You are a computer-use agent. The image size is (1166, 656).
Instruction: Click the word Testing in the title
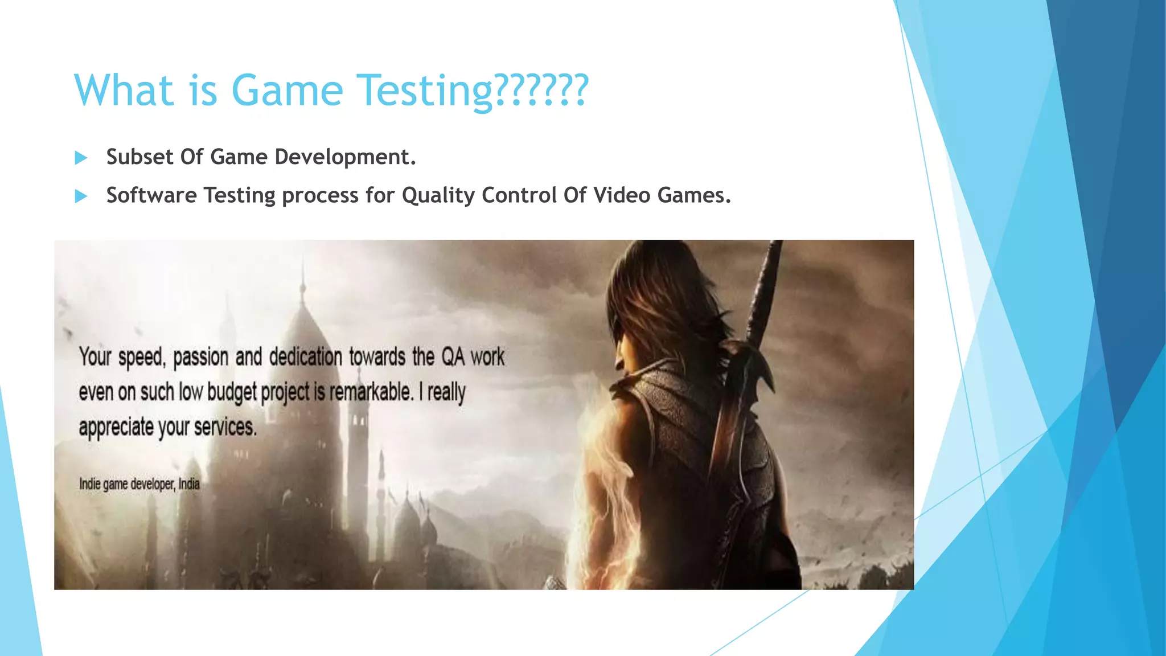coord(426,91)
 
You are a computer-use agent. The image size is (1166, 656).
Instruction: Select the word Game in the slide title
coord(287,91)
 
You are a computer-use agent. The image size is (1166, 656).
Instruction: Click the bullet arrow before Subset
coord(81,158)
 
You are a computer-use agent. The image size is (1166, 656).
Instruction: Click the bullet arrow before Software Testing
coord(81,196)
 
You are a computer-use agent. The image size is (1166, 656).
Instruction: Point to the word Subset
coord(139,157)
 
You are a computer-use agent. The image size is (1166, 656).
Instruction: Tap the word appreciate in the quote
coord(116,427)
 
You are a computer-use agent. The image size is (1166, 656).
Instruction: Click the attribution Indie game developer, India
coord(139,485)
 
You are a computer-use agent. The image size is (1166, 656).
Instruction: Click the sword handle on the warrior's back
coord(766,285)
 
